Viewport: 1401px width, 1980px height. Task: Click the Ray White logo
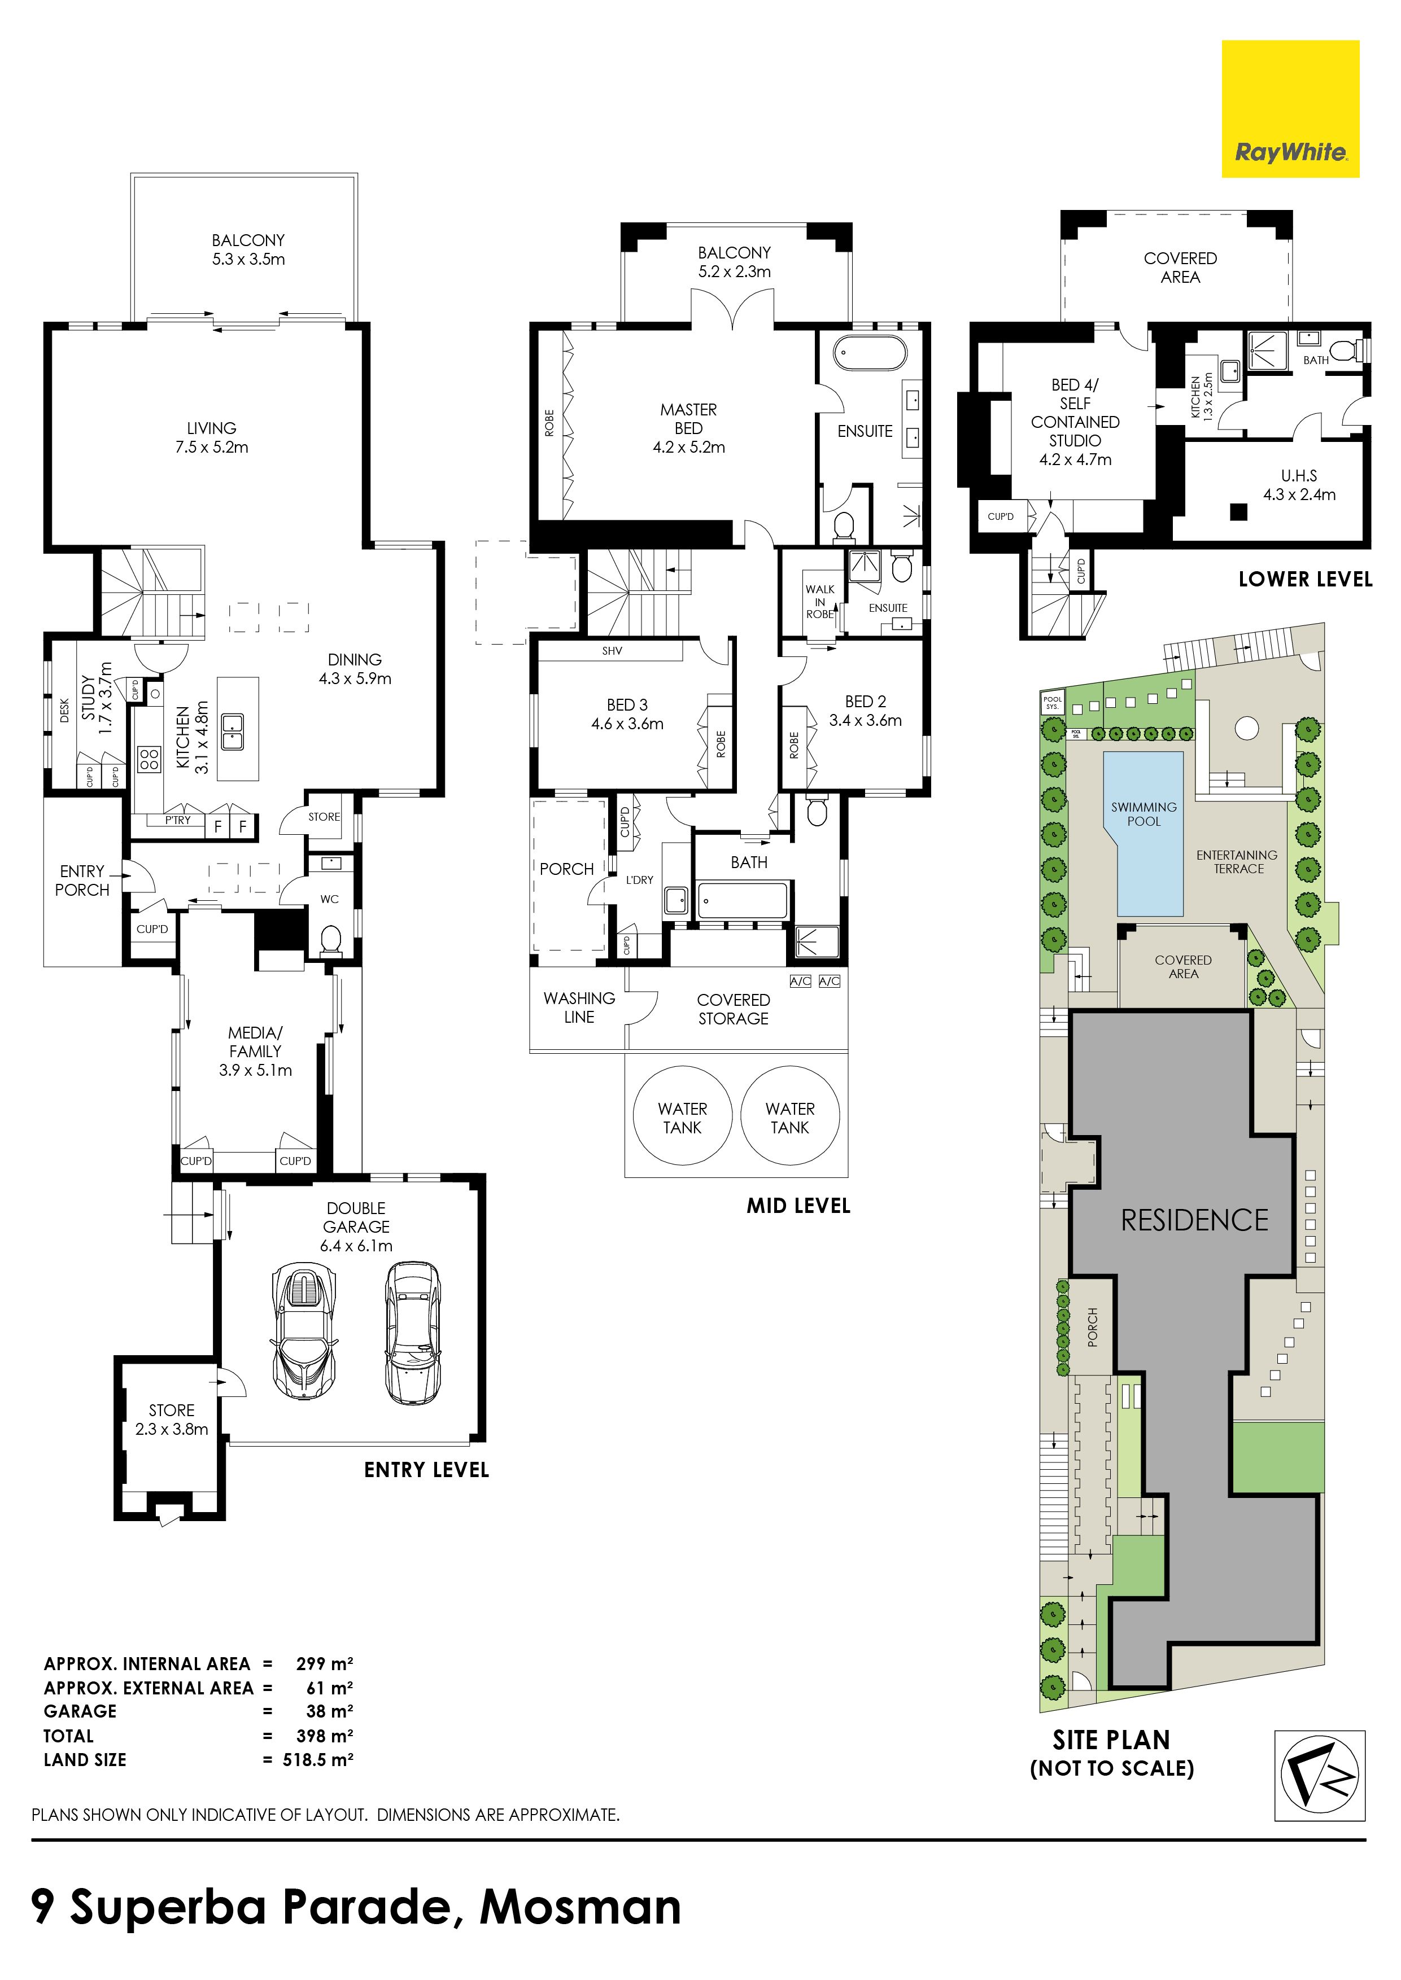point(1290,109)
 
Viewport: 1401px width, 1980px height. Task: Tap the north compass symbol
point(1320,1776)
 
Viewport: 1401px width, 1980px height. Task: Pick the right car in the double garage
point(412,1333)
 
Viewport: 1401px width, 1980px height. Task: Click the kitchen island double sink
point(233,732)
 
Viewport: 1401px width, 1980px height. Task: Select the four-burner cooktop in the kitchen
point(149,758)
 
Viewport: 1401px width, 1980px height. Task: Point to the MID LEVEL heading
point(798,1206)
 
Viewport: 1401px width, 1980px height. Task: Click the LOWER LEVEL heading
point(1305,580)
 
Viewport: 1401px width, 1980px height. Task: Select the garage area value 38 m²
point(330,1711)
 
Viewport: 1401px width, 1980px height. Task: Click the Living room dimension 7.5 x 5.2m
point(211,446)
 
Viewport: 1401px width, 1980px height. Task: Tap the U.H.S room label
point(1299,475)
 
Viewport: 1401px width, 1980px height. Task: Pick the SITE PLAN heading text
point(1111,1740)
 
